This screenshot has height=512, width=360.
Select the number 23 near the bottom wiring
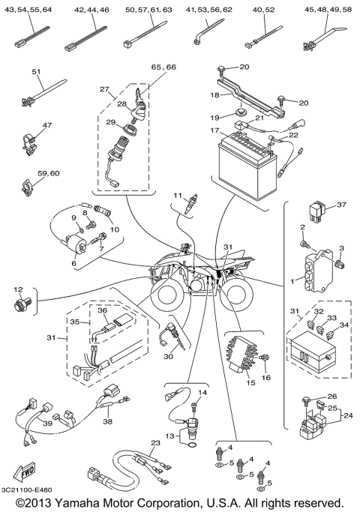pyautogui.click(x=154, y=443)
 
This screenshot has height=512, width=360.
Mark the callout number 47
pyautogui.click(x=26, y=124)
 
